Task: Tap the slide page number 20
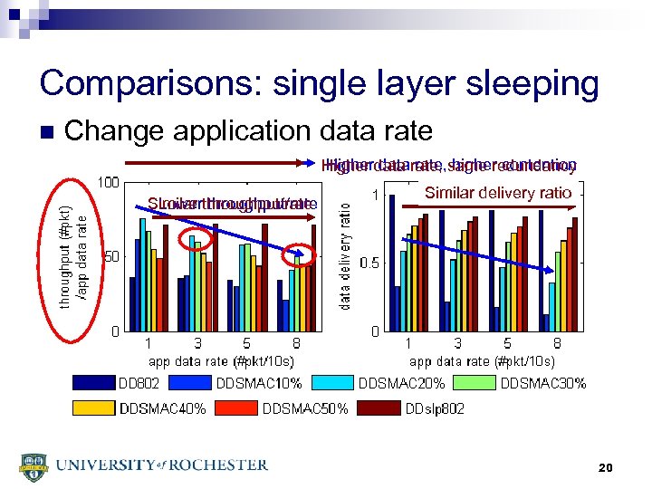click(606, 467)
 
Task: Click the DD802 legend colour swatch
click(93, 383)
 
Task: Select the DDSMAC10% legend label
click(259, 383)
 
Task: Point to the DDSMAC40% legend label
click(162, 408)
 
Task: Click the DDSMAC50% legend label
click(305, 408)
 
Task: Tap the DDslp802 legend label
click(436, 408)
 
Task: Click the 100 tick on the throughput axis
click(109, 182)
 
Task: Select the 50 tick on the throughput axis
click(111, 256)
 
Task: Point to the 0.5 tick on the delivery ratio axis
click(369, 263)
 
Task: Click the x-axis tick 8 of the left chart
click(296, 344)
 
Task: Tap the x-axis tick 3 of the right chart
click(458, 344)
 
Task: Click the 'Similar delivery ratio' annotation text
click(498, 192)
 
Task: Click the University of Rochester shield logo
click(34, 466)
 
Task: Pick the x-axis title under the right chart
click(481, 360)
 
